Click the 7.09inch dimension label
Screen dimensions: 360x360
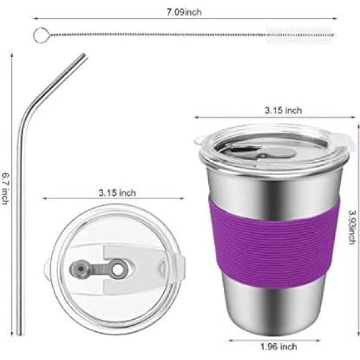click(184, 12)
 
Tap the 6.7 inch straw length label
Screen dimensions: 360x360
click(5, 188)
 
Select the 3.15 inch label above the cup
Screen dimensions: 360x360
click(283, 110)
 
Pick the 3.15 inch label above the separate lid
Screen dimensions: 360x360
click(117, 193)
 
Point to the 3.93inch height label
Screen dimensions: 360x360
click(352, 227)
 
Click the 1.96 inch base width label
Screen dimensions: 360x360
click(278, 346)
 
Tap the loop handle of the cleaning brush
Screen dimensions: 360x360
click(41, 35)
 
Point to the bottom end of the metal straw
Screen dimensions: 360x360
click(20, 333)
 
